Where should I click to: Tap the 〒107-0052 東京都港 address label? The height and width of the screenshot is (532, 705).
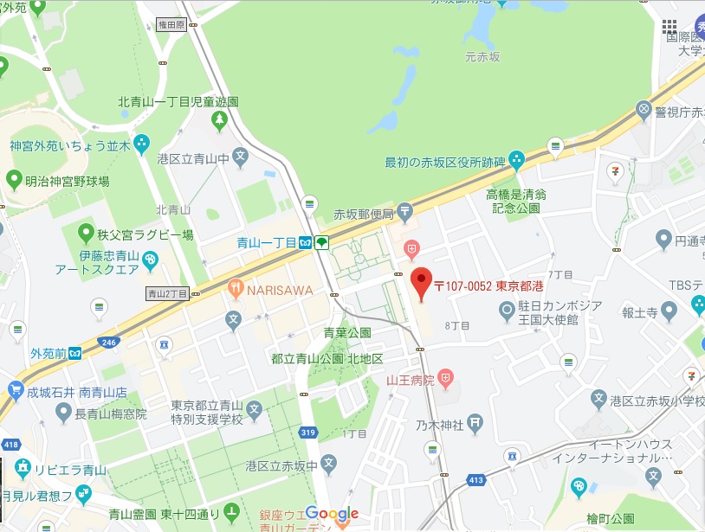(x=488, y=285)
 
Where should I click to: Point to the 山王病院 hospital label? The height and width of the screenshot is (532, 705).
(x=411, y=379)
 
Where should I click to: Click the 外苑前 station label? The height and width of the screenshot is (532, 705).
(x=48, y=353)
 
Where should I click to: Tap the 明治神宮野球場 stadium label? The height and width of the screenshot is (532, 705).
(x=68, y=182)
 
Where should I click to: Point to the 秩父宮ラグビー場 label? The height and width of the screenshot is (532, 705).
(x=145, y=234)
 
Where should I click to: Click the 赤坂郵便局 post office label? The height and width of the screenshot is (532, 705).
(x=364, y=215)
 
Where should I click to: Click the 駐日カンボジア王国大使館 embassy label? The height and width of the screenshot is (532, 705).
(x=548, y=312)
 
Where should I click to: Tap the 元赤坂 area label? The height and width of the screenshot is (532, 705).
(x=483, y=57)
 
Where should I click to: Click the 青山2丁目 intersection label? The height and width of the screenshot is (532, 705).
(x=167, y=292)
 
